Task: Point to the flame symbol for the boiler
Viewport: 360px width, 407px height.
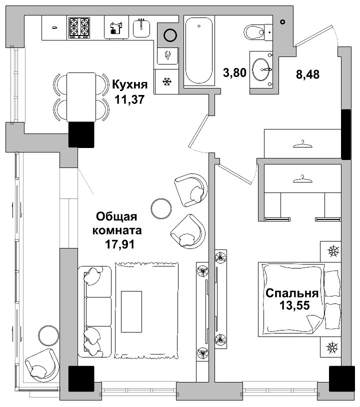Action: point(167,54)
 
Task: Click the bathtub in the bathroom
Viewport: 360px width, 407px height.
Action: point(199,50)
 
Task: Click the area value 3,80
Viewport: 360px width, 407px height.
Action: point(234,73)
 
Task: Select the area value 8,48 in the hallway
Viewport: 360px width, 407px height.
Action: point(307,74)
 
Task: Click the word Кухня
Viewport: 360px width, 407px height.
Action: point(129,84)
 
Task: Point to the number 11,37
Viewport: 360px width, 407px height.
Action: point(129,99)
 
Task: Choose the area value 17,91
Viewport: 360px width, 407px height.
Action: point(119,245)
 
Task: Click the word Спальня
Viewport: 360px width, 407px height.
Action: point(292,293)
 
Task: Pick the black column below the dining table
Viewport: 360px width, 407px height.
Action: point(81,134)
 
